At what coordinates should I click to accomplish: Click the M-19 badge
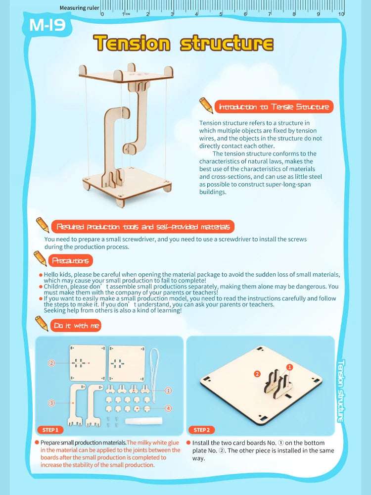pos(47,25)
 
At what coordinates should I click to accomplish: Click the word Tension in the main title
pos(132,43)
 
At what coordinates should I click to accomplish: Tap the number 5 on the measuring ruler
pos(221,14)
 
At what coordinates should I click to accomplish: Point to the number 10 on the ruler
pos(341,14)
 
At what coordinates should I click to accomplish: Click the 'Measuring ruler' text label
pos(79,8)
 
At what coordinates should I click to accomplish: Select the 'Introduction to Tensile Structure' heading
pos(274,107)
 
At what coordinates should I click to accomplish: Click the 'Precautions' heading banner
pos(70,260)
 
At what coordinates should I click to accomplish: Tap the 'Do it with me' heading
pos(76,326)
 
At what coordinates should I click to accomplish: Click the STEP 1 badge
pos(50,430)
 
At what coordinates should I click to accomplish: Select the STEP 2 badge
pos(202,430)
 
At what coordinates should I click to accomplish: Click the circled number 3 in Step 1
pos(51,403)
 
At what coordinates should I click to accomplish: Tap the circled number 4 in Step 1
pos(169,408)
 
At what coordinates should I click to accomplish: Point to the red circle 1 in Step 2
pos(289,367)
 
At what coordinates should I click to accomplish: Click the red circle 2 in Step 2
pos(257,374)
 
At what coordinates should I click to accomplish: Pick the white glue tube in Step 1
pos(143,421)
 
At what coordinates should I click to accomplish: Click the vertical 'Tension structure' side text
pos(341,391)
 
